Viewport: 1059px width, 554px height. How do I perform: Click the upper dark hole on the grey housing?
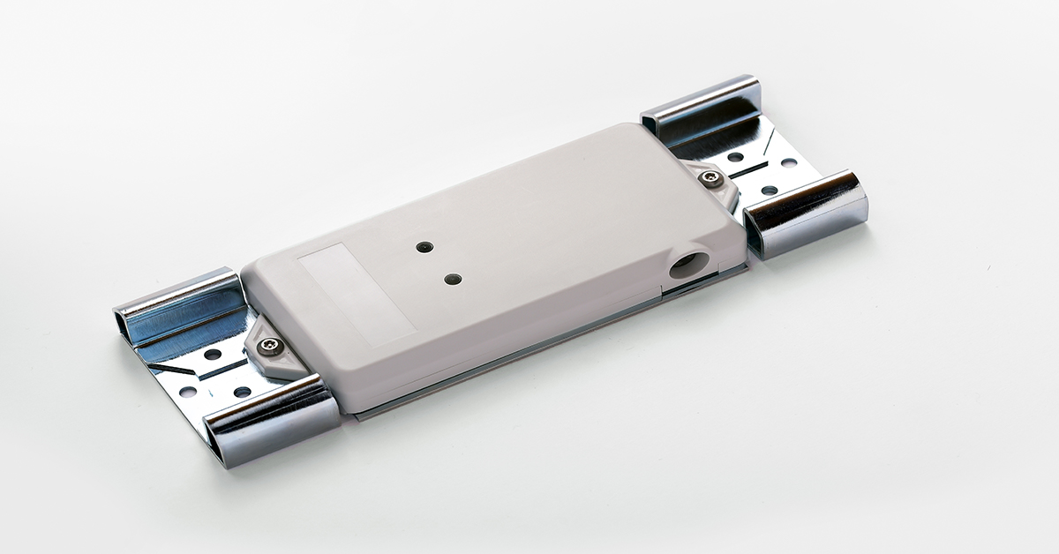[425, 248]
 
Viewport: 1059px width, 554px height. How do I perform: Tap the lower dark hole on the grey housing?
[453, 279]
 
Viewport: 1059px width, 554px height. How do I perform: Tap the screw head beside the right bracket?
[710, 181]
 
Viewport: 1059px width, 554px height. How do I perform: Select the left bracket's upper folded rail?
[176, 304]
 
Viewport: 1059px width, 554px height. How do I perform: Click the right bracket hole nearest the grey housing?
[735, 157]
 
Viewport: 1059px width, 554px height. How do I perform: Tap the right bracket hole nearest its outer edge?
[787, 162]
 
